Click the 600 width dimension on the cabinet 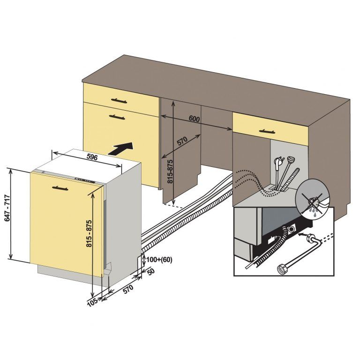pyautogui.click(x=194, y=119)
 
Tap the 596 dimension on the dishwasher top pyautogui.click(x=92, y=157)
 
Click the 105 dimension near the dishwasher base pyautogui.click(x=92, y=302)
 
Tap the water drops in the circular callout pyautogui.click(x=311, y=210)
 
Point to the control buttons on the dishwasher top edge pyautogui.click(x=84, y=181)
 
